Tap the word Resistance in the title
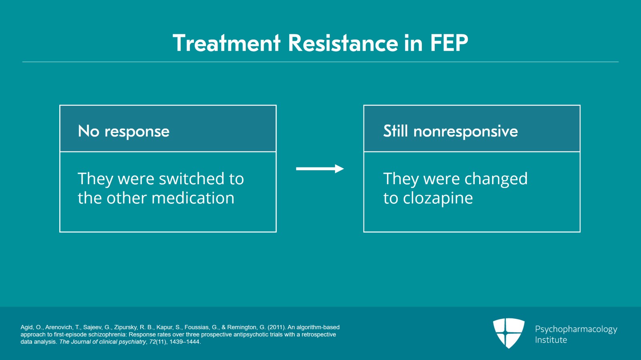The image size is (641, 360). click(x=343, y=43)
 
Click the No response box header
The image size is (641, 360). click(x=168, y=129)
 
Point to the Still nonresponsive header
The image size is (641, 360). click(x=472, y=129)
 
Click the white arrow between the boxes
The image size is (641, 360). click(x=320, y=169)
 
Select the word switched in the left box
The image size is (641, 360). click(x=192, y=179)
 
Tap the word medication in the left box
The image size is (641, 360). click(x=193, y=198)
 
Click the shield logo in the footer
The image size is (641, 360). click(x=509, y=333)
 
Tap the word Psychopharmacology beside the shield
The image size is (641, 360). click(x=576, y=330)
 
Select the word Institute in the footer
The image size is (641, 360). click(x=551, y=340)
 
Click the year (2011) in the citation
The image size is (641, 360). click(x=277, y=327)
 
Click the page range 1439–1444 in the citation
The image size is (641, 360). click(x=184, y=342)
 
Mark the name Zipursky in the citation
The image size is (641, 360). click(x=126, y=328)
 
